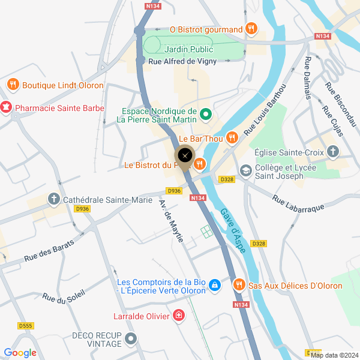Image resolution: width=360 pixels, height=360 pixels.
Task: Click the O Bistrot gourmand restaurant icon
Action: tap(252, 29)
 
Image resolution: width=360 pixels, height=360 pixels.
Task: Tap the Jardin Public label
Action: tap(190, 49)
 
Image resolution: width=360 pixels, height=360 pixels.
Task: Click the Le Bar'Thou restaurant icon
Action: tap(233, 139)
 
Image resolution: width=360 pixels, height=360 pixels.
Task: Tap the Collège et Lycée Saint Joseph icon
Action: tap(245, 171)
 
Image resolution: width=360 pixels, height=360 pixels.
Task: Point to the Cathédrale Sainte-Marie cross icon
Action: tap(53, 199)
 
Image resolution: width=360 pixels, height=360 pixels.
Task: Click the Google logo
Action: tap(20, 353)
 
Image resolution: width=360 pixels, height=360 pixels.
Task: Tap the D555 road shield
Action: tap(25, 326)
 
